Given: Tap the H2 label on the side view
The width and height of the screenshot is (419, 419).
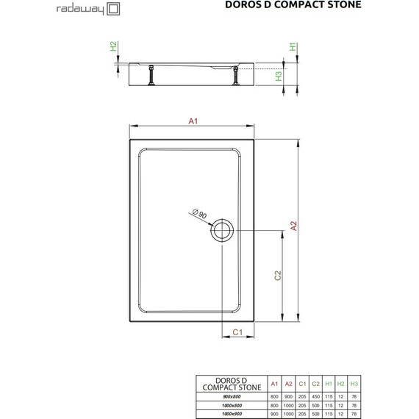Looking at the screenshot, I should click(x=113, y=46).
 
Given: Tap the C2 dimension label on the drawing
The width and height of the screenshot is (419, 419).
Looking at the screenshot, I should click(x=278, y=275).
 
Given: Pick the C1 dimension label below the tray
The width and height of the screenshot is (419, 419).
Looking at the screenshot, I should click(x=238, y=333).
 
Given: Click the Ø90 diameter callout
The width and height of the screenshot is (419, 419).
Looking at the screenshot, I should click(x=200, y=215).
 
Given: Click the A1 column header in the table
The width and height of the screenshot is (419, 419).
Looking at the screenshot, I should click(x=274, y=384).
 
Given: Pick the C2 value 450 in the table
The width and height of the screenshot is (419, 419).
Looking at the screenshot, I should click(x=314, y=396).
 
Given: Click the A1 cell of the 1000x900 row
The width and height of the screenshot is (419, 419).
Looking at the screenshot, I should click(x=274, y=414).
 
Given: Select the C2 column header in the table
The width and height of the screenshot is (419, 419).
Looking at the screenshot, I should click(x=314, y=384).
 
